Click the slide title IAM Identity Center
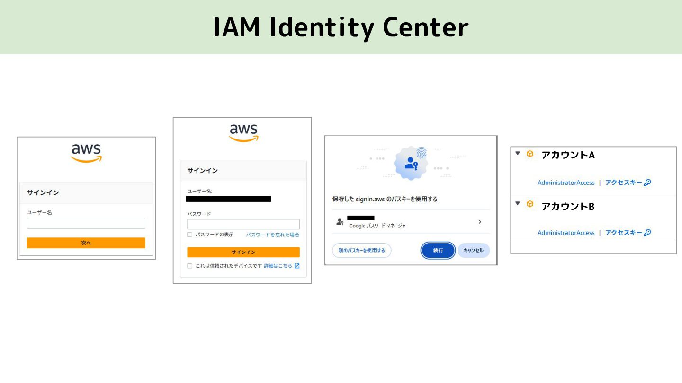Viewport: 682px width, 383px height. pyautogui.click(x=341, y=27)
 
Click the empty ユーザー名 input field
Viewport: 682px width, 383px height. pyautogui.click(x=86, y=223)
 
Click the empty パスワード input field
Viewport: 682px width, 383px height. pyautogui.click(x=243, y=224)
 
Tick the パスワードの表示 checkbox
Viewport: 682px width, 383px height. pyautogui.click(x=190, y=235)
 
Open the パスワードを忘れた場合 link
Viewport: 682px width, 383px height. pyautogui.click(x=272, y=235)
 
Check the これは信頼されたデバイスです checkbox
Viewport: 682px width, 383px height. pyautogui.click(x=190, y=266)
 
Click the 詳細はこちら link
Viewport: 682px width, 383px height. pyautogui.click(x=278, y=266)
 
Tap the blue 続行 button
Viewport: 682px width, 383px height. pyautogui.click(x=438, y=251)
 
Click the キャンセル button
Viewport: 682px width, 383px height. pyautogui.click(x=473, y=251)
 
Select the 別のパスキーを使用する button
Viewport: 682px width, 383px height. pyautogui.click(x=361, y=251)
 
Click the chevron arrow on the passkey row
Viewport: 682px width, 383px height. pyautogui.click(x=480, y=222)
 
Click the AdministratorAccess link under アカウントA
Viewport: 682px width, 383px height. pyautogui.click(x=565, y=183)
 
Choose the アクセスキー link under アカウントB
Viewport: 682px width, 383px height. pyautogui.click(x=624, y=233)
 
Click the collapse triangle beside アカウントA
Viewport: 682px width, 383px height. pyautogui.click(x=518, y=153)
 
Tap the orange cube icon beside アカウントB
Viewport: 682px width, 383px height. pyautogui.click(x=530, y=204)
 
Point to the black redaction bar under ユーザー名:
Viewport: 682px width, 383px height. pyautogui.click(x=229, y=199)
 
